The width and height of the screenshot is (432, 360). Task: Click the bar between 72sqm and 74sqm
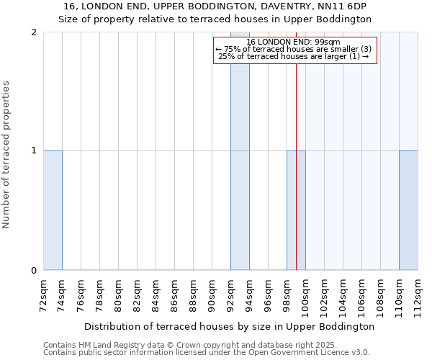tap(53, 210)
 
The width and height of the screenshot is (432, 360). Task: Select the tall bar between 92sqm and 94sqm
tap(240, 151)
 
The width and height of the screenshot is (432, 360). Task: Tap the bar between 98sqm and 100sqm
tap(296, 210)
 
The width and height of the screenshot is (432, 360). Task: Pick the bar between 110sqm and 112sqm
tap(408, 210)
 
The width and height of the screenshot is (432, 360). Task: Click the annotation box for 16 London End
tap(295, 50)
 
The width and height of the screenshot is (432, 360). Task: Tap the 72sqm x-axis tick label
tap(43, 294)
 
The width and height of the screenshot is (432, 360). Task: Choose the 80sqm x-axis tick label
tap(118, 294)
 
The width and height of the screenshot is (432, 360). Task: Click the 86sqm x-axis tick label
tap(174, 294)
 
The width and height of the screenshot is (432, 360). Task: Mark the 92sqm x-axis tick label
tap(230, 294)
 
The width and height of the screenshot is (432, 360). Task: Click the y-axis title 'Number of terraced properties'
tap(7, 155)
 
